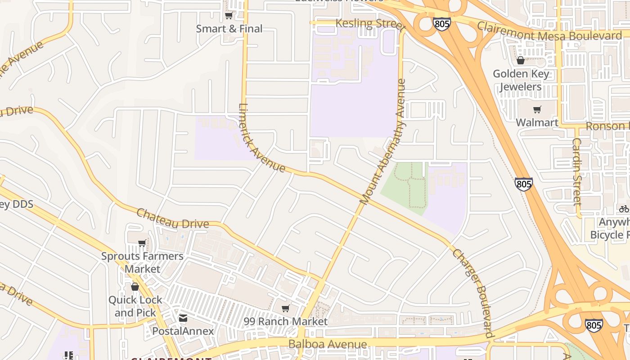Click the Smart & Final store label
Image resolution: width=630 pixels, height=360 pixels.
click(x=229, y=29)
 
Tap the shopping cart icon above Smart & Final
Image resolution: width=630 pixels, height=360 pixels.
click(x=229, y=16)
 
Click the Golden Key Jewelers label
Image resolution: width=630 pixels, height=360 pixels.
click(x=521, y=80)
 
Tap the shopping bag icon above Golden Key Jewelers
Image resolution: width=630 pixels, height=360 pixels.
click(x=521, y=60)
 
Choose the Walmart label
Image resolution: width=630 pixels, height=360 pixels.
click(x=537, y=122)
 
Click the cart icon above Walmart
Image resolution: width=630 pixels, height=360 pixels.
click(x=537, y=110)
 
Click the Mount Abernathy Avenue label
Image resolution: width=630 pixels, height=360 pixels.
click(x=383, y=142)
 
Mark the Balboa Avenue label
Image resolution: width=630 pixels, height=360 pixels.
click(x=328, y=345)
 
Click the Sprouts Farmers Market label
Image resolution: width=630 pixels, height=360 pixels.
click(x=142, y=262)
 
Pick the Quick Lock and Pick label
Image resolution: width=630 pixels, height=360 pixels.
click(x=135, y=306)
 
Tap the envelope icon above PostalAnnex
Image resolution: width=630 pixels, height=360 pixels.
click(x=183, y=318)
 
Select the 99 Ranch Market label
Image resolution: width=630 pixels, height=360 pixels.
click(x=285, y=321)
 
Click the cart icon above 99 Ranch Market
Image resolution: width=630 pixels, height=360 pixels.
click(x=285, y=309)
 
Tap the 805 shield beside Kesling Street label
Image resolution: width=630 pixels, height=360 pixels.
click(x=442, y=24)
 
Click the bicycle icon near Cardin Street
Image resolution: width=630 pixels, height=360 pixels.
click(x=624, y=209)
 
